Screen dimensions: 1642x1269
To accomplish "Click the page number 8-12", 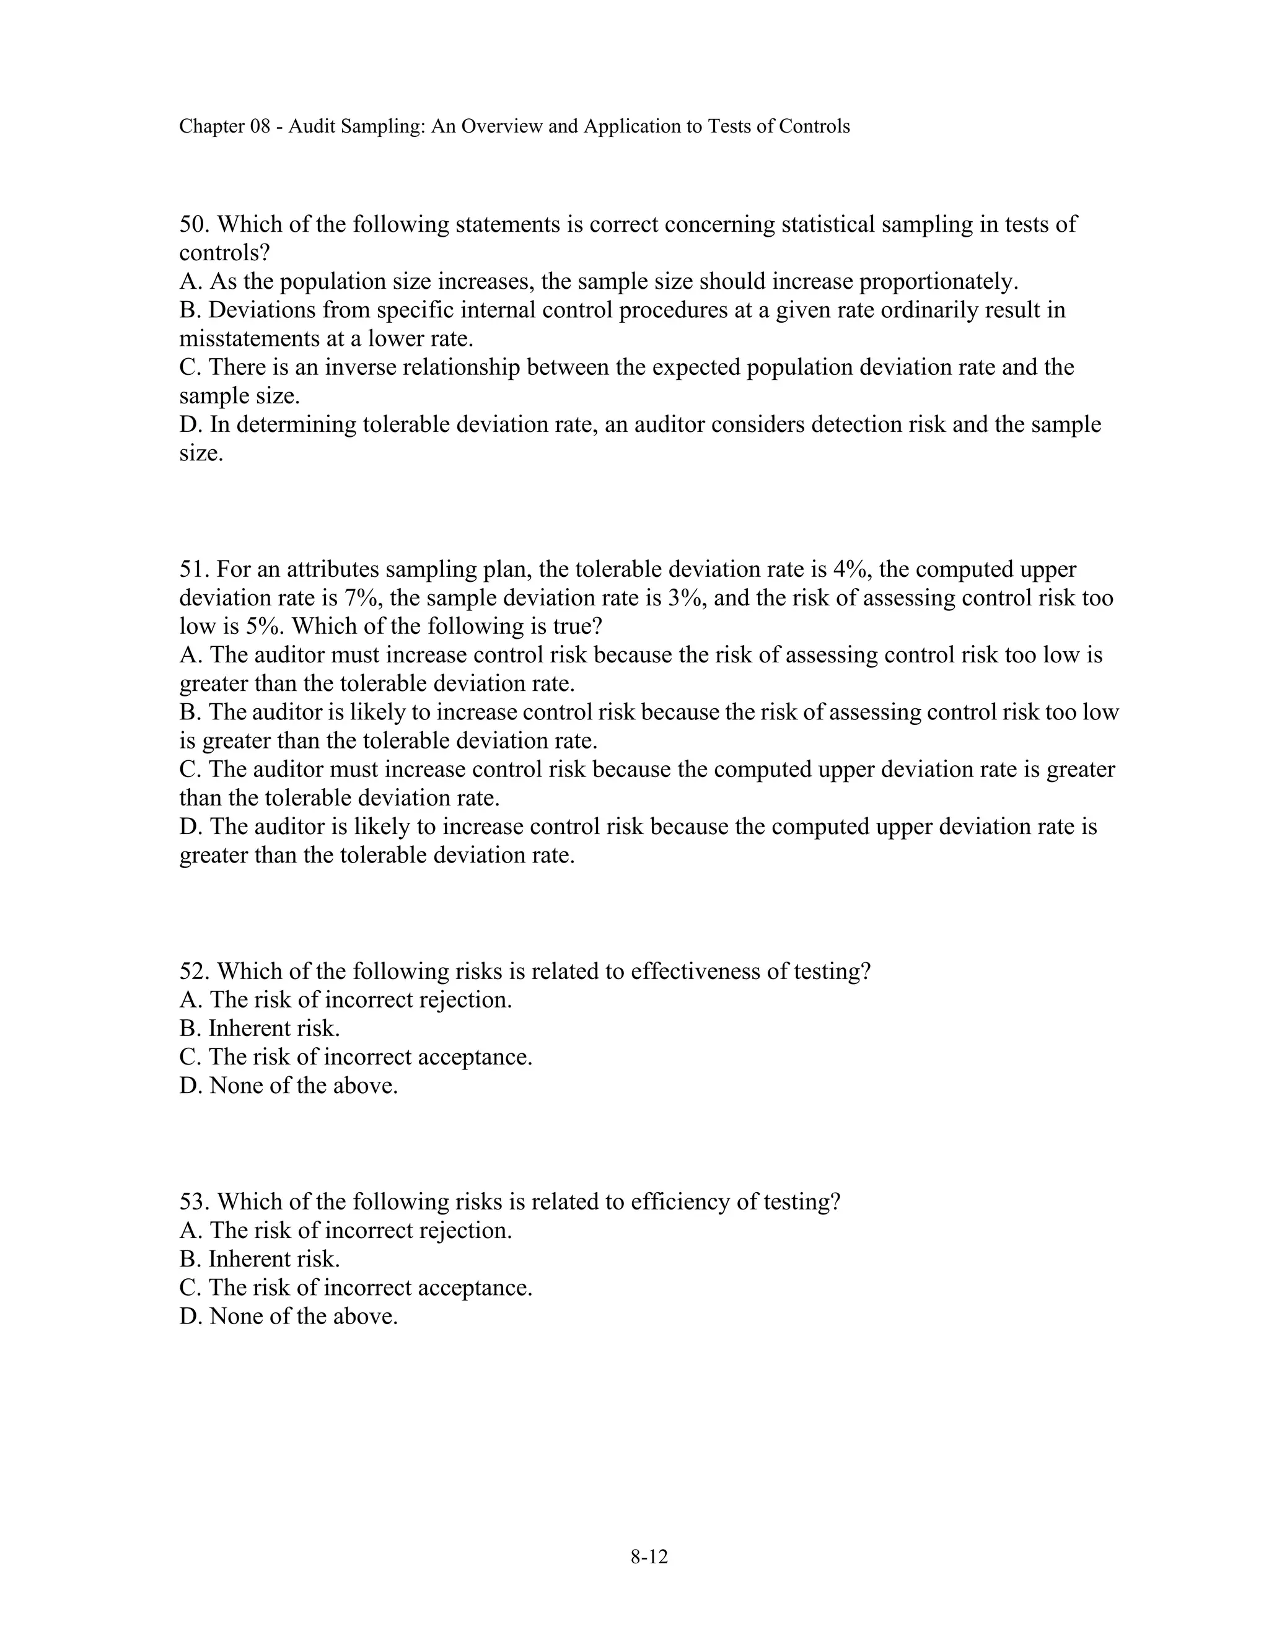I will click(x=649, y=1556).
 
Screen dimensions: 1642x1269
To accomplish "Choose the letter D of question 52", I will click(x=188, y=1086).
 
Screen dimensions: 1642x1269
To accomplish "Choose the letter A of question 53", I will click(x=188, y=1230).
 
